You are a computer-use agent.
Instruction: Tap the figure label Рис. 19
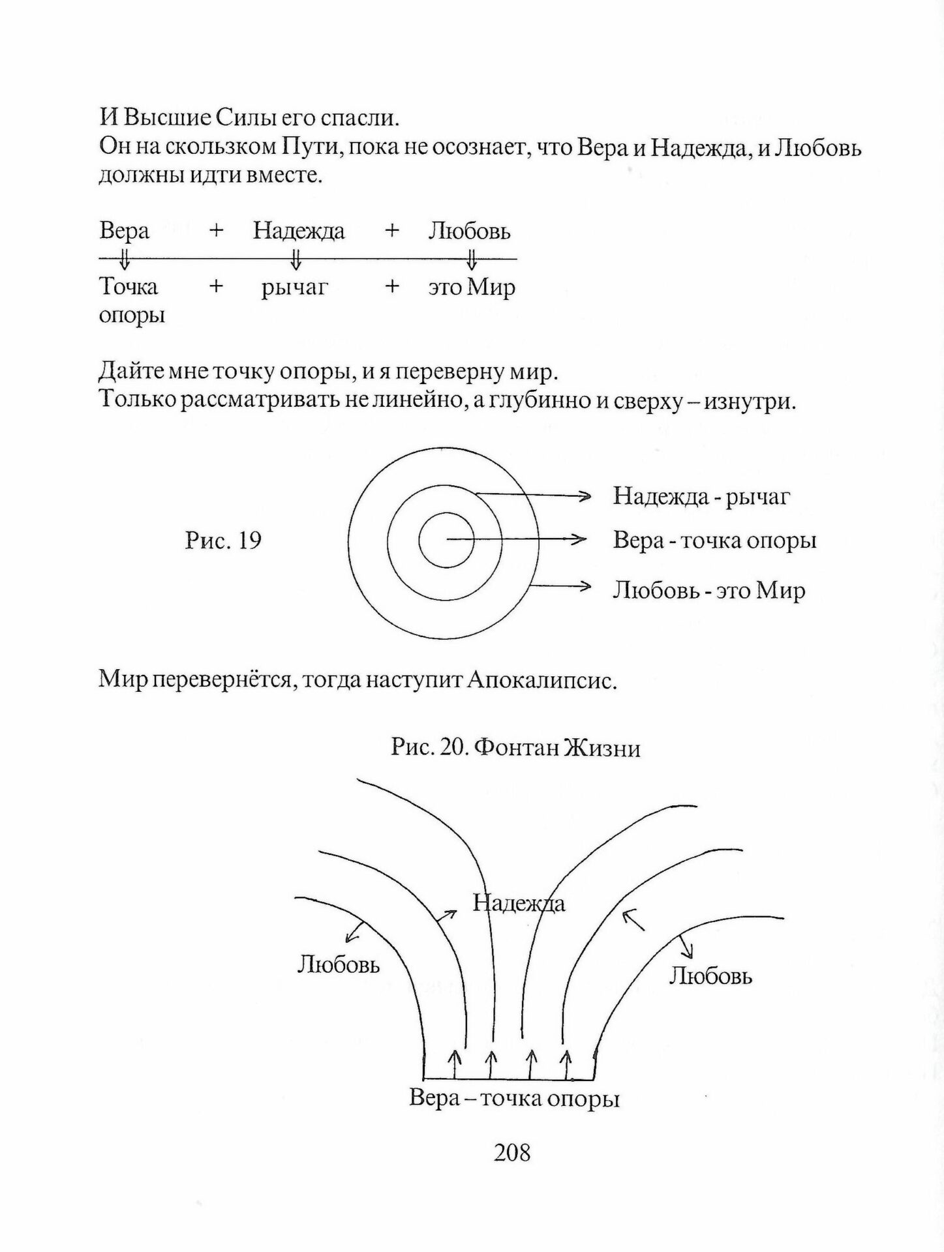coord(223,541)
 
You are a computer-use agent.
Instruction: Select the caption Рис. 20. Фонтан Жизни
coord(515,748)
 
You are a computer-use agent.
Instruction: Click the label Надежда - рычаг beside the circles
coord(701,497)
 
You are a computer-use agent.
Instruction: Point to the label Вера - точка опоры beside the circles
coord(714,541)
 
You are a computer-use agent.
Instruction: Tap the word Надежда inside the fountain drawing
coord(519,904)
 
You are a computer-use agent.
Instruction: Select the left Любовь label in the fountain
coord(338,964)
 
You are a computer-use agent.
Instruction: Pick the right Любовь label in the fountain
coord(710,976)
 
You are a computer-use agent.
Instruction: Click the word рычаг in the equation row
coord(294,287)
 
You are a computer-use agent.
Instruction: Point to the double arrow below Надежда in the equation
coord(296,260)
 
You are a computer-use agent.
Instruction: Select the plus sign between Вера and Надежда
coord(217,230)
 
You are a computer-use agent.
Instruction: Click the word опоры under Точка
coord(132,315)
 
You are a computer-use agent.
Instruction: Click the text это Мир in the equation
coord(472,287)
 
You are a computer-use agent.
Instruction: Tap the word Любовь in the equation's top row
coord(469,231)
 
